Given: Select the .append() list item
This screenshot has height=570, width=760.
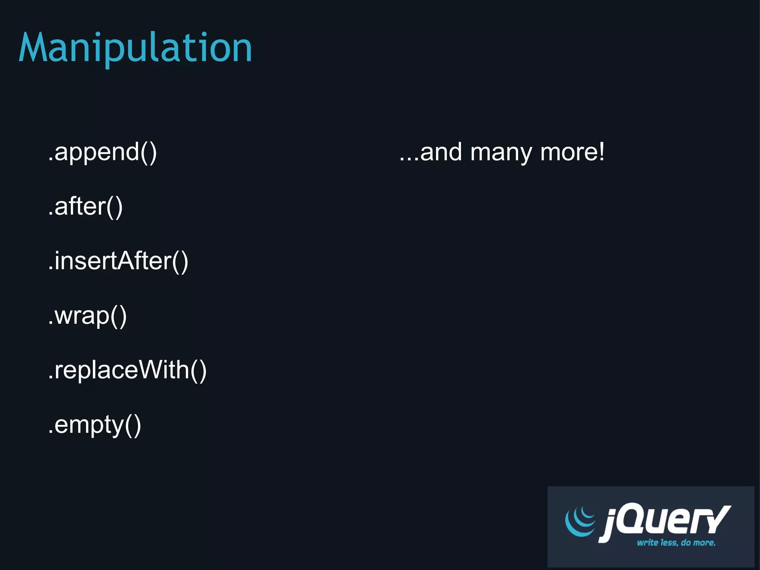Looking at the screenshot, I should tap(102, 152).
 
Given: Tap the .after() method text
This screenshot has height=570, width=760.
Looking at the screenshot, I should tap(85, 206).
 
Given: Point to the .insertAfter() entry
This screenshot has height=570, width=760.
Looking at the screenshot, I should tap(118, 261).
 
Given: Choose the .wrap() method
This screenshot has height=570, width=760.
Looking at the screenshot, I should tap(88, 316).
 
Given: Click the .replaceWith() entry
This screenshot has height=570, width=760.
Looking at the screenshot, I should tap(127, 370).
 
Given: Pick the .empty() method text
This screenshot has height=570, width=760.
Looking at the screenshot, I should tap(95, 425).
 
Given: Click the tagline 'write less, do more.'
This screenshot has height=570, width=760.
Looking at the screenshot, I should tap(676, 543).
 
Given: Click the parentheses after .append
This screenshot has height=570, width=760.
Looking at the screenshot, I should tap(148, 152).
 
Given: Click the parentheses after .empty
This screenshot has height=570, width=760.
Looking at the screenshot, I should tap(133, 425).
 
